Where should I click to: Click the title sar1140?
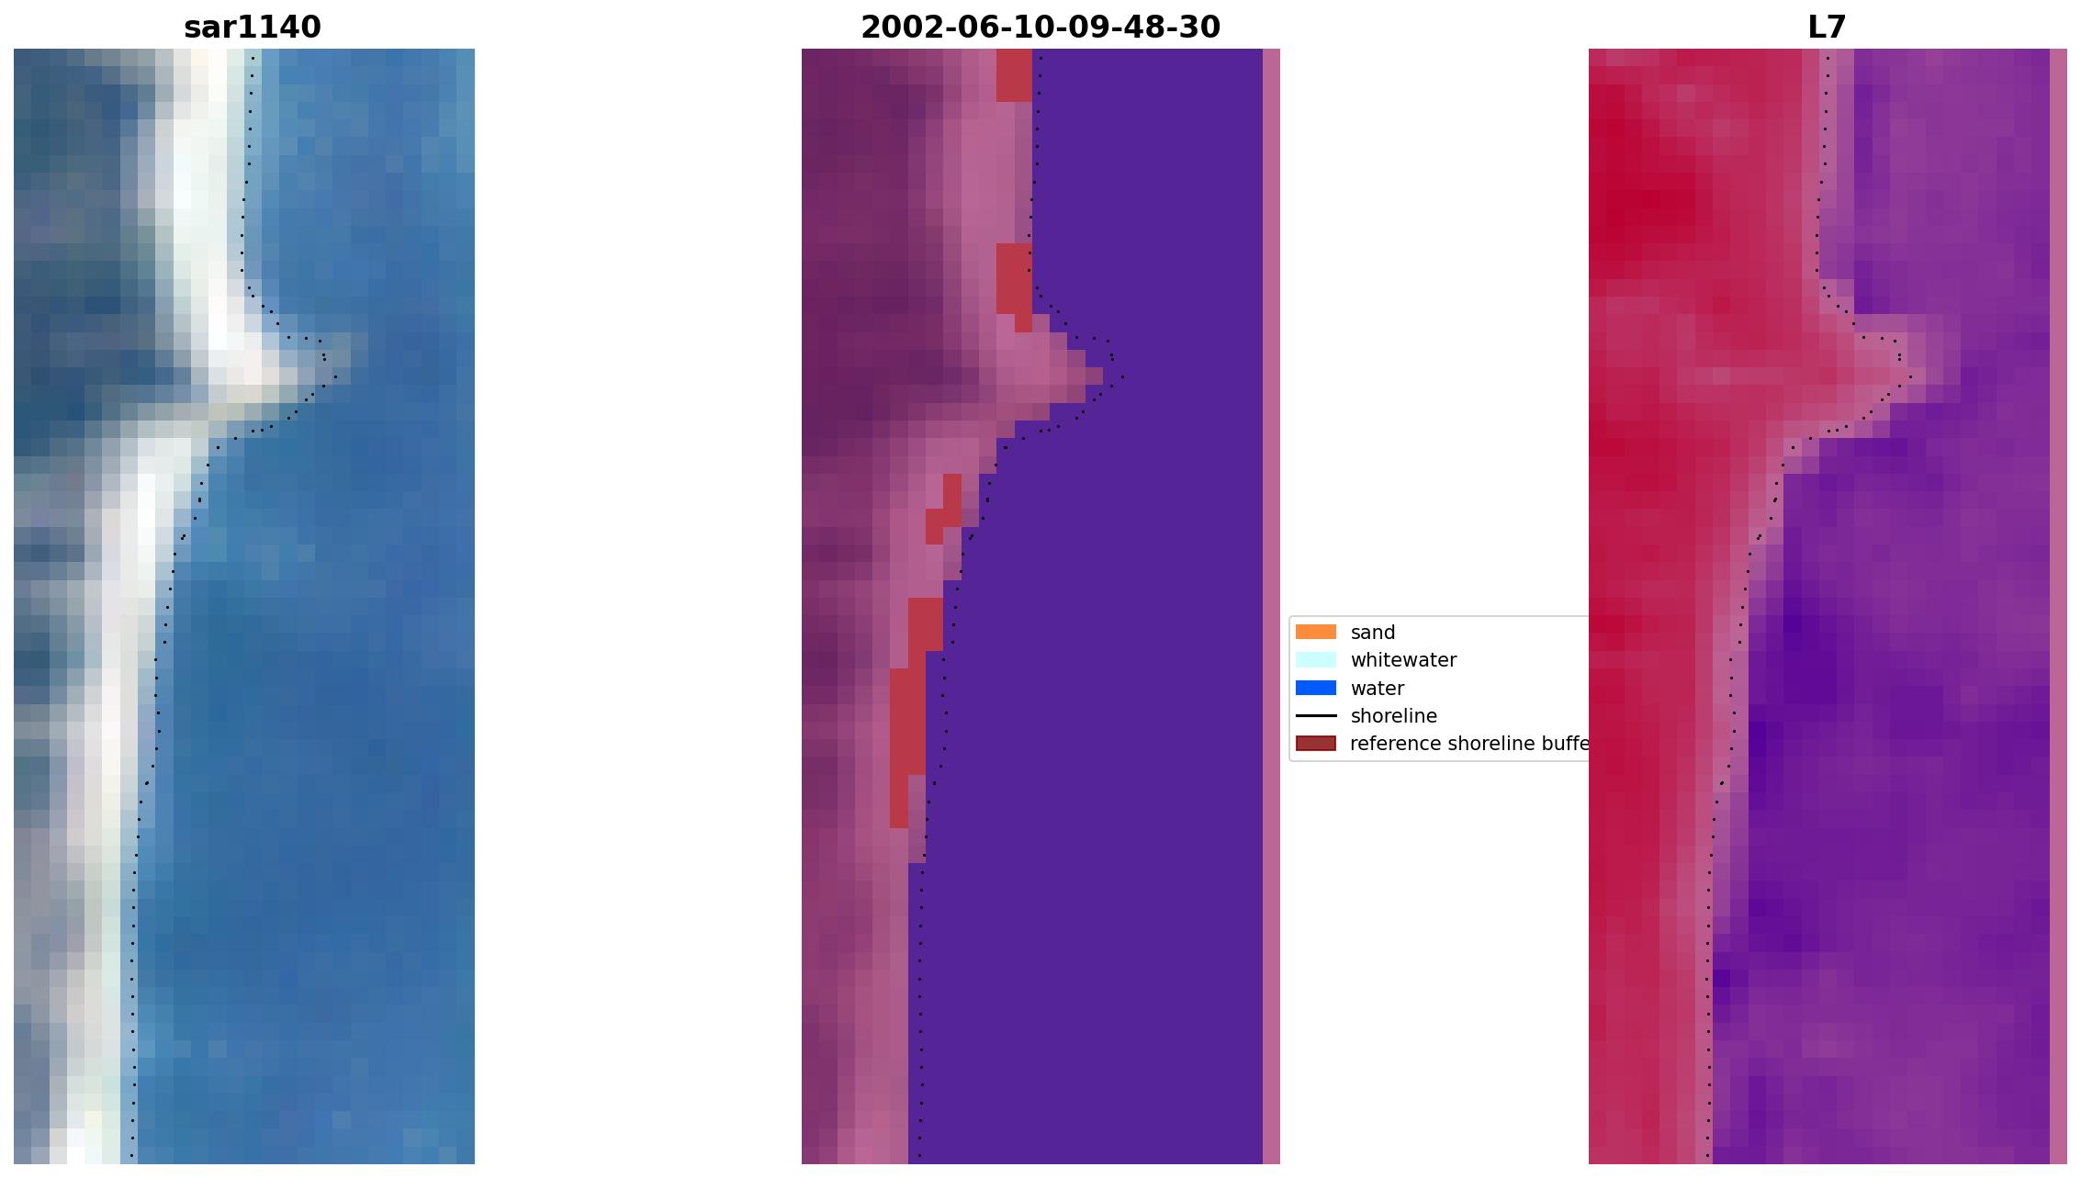point(253,28)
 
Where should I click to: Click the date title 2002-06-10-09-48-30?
point(1040,28)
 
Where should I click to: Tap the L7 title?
point(1826,28)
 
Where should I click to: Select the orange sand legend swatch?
point(1315,632)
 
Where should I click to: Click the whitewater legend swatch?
point(1315,659)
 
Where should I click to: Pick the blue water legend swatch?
point(1315,688)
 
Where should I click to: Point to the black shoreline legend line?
point(1315,715)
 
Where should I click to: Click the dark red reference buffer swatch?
point(1315,744)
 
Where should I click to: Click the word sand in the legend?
point(1372,633)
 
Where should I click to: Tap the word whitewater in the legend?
point(1403,660)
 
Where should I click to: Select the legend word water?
point(1377,689)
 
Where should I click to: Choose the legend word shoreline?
point(1393,716)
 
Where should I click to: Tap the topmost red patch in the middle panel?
point(1014,73)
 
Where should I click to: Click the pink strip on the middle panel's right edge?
point(1271,606)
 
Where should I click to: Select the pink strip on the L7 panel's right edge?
point(2058,606)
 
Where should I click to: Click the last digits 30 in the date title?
point(1200,28)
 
